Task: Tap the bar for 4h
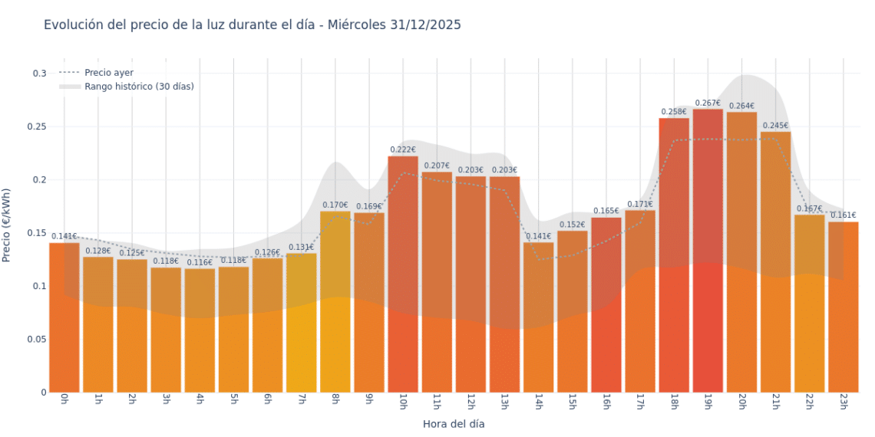(x=200, y=330)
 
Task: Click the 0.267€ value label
(x=708, y=103)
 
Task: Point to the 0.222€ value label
(x=403, y=150)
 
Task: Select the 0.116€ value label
(x=200, y=263)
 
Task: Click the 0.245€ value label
(x=775, y=126)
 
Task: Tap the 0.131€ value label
(x=301, y=248)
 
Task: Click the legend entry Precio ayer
(x=109, y=73)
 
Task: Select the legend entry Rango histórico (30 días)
(x=139, y=87)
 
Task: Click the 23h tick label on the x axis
(x=843, y=402)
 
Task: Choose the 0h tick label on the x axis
(x=64, y=401)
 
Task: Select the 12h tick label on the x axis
(x=471, y=402)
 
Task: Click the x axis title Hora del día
(x=454, y=424)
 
